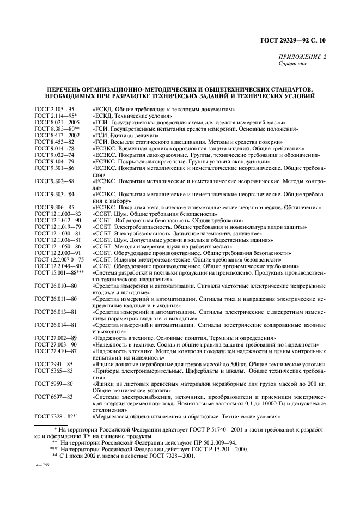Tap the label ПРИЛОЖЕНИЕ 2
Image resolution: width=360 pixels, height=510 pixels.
(302, 57)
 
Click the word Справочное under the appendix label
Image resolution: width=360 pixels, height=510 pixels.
(292, 63)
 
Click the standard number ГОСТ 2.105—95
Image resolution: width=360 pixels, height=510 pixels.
(54, 110)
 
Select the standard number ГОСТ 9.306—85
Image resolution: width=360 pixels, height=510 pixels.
(54, 208)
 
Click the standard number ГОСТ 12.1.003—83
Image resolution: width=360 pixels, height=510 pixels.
(57, 214)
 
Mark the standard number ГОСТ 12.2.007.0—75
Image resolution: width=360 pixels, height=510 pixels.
(60, 259)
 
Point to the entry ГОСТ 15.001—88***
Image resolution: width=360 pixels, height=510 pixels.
(59, 272)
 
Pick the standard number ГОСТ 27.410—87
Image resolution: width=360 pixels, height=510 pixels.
(55, 351)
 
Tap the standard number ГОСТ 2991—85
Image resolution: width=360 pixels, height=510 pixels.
(53, 364)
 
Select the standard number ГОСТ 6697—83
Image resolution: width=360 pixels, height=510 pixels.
(53, 397)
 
